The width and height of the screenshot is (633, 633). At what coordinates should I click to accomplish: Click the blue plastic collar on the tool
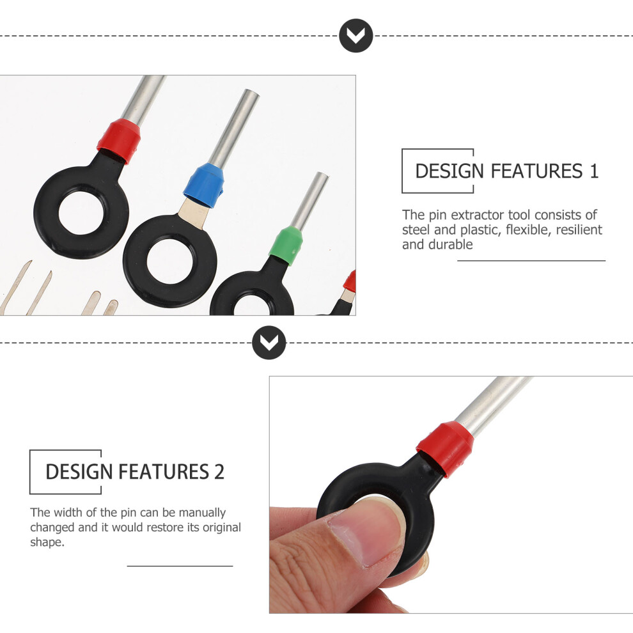[204, 185]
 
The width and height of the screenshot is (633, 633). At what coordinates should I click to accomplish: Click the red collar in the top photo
[119, 141]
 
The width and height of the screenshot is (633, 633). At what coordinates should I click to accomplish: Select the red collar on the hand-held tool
[446, 448]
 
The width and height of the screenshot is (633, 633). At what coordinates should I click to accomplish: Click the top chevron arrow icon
[356, 36]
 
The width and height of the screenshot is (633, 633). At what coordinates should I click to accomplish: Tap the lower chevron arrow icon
[269, 343]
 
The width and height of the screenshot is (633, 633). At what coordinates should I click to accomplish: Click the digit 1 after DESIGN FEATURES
[593, 171]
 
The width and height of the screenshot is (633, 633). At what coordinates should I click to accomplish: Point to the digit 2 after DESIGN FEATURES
[219, 472]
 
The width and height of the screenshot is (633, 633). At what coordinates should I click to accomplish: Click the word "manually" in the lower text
[202, 513]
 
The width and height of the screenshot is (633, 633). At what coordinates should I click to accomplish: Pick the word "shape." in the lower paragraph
[47, 542]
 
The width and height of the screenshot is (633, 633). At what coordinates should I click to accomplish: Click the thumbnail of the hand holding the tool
[451, 494]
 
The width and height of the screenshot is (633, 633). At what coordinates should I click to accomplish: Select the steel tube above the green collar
[309, 201]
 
